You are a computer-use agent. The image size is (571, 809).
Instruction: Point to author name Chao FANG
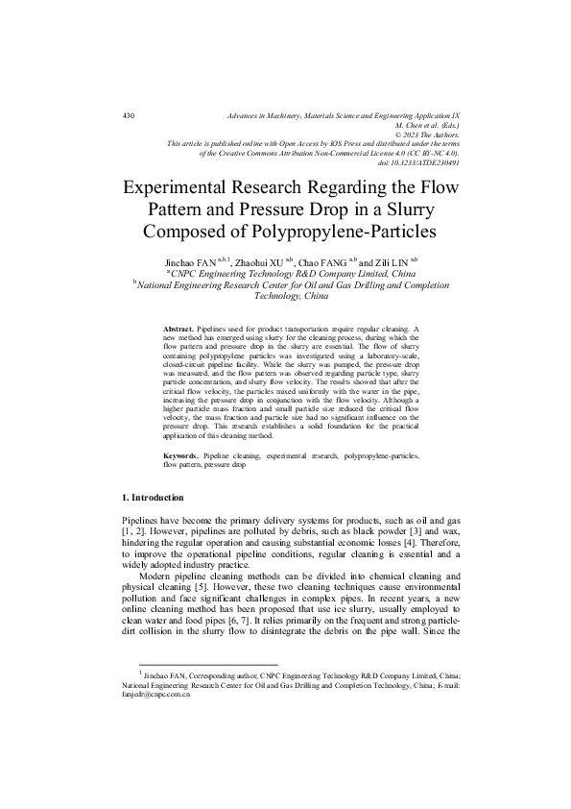pos(323,260)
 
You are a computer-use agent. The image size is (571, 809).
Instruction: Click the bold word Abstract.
pos(178,329)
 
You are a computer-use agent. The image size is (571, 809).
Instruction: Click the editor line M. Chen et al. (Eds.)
pos(427,125)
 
